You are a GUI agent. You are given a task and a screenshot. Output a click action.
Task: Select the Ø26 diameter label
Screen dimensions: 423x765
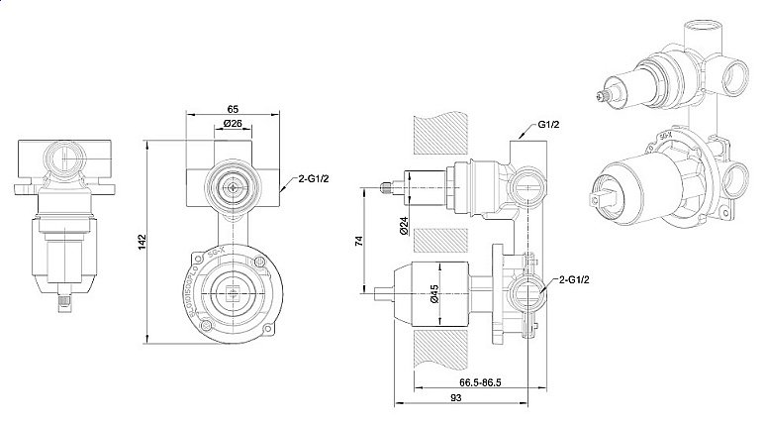coord(234,124)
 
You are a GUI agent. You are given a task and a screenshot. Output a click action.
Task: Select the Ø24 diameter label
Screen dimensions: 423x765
coord(406,226)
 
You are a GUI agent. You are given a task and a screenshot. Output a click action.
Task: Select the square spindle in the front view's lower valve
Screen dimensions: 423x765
coord(234,292)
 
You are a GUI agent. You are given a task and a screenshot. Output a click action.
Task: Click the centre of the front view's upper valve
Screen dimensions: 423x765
coord(234,184)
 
